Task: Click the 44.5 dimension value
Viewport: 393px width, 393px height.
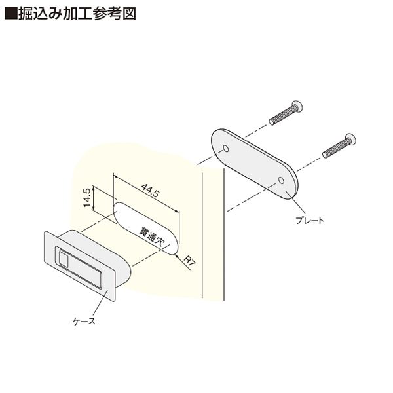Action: coord(150,191)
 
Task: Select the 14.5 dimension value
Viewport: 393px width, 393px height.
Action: coord(86,198)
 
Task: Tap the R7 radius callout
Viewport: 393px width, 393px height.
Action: coord(189,261)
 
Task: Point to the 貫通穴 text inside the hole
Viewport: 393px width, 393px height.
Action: coord(152,237)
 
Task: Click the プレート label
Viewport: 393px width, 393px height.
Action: coord(310,221)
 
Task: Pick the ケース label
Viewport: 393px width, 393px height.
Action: coord(84,321)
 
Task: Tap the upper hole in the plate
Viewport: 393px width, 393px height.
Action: coord(226,149)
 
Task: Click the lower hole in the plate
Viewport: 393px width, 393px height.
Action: coord(281,180)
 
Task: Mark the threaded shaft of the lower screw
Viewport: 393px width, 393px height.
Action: coord(335,149)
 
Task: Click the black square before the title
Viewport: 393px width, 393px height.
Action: coord(11,13)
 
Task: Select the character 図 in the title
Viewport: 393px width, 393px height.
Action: coord(129,13)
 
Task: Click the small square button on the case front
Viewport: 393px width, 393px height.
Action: coord(64,259)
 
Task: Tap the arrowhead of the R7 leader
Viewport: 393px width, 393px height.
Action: coord(177,256)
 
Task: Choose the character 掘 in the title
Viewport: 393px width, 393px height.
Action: coord(26,13)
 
